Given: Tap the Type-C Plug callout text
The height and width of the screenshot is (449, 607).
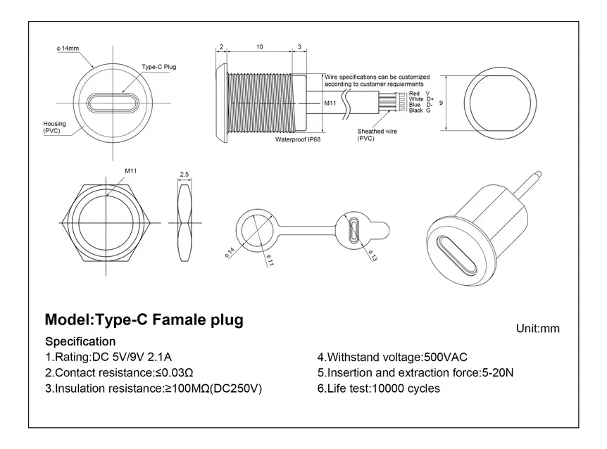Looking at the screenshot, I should [x=158, y=67].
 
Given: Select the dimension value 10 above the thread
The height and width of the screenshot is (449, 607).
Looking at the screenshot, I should [x=260, y=47].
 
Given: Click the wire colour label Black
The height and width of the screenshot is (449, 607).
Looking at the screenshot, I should [x=415, y=110].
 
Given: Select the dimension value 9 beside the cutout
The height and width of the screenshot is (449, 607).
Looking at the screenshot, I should [x=440, y=103].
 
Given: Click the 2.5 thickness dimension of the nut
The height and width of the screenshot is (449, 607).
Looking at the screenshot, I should [x=184, y=174].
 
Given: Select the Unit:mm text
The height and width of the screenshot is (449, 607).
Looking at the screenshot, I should [x=538, y=329].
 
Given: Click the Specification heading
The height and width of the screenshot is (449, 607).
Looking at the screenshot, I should [x=80, y=341].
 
